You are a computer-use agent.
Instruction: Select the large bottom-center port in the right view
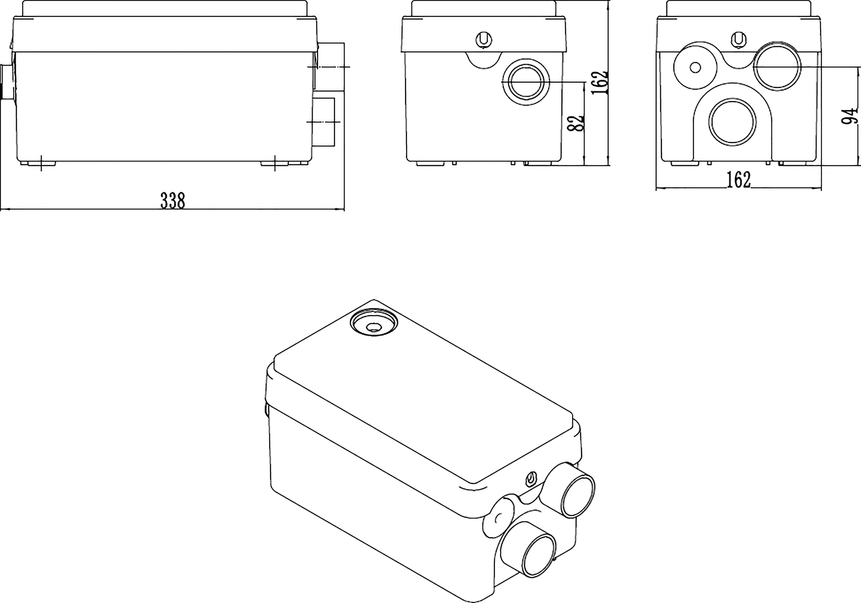click(x=732, y=122)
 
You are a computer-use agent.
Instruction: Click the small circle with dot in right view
click(x=695, y=68)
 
